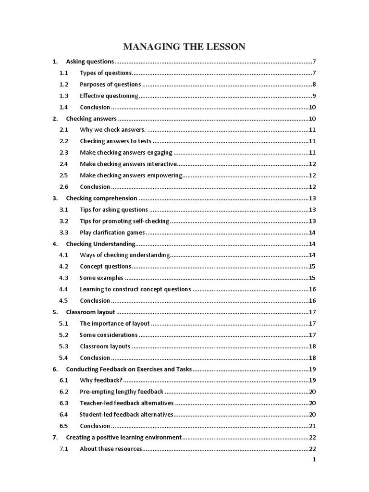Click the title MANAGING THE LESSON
pyautogui.click(x=184, y=47)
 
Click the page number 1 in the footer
pyautogui.click(x=314, y=459)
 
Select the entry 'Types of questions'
pyautogui.click(x=105, y=73)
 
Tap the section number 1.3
pyautogui.click(x=64, y=96)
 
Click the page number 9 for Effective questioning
pyautogui.click(x=313, y=96)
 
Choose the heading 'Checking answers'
pyautogui.click(x=91, y=119)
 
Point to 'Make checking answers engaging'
pyautogui.click(x=126, y=153)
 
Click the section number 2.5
pyautogui.click(x=64, y=175)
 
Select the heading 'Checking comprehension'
pyautogui.click(x=101, y=198)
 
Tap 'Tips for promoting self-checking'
pyautogui.click(x=124, y=221)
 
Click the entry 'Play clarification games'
pyautogui.click(x=112, y=233)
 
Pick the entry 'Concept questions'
pyautogui.click(x=105, y=266)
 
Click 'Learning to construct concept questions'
pyautogui.click(x=135, y=289)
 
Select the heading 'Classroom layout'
pyautogui.click(x=90, y=312)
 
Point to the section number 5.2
pyautogui.click(x=64, y=335)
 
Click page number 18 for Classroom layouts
pyautogui.click(x=312, y=346)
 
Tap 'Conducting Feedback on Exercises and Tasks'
pyautogui.click(x=129, y=369)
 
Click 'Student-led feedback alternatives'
pyautogui.click(x=126, y=414)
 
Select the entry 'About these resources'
pyautogui.click(x=111, y=449)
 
